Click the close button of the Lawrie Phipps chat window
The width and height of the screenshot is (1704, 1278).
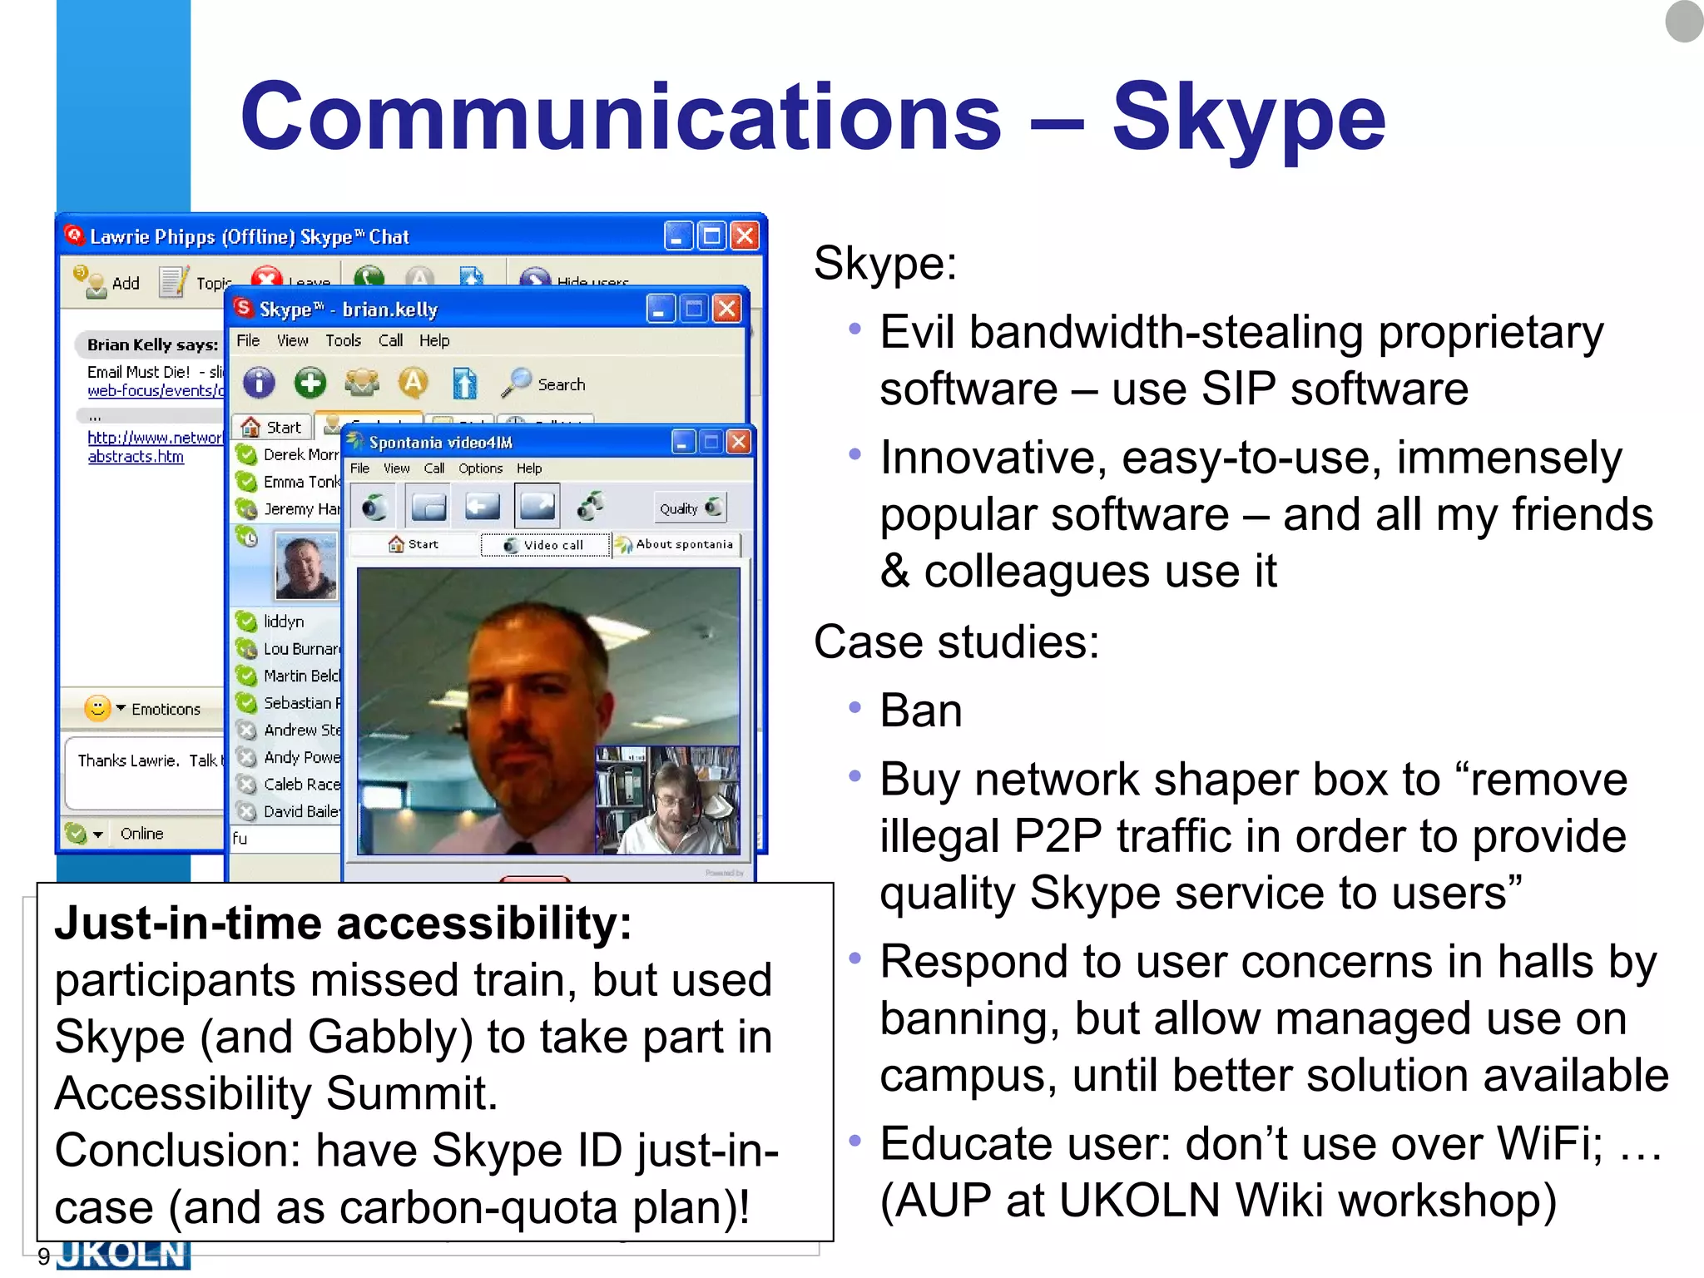pyautogui.click(x=745, y=236)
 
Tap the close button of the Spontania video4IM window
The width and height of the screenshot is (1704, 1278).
pyautogui.click(x=738, y=442)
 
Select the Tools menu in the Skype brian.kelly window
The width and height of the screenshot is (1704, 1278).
pyautogui.click(x=343, y=340)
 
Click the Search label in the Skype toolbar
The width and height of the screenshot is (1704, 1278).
pyautogui.click(x=561, y=384)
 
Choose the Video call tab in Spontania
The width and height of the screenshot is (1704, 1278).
pyautogui.click(x=546, y=545)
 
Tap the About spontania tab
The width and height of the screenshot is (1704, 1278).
pyautogui.click(x=676, y=544)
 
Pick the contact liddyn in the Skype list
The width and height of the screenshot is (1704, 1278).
pyautogui.click(x=283, y=621)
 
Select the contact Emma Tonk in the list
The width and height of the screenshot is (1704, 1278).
pyautogui.click(x=300, y=482)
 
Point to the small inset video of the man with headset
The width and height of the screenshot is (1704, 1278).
pyautogui.click(x=667, y=800)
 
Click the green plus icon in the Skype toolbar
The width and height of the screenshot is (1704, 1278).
pyautogui.click(x=310, y=383)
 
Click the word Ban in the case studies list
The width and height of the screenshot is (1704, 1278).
pyautogui.click(x=920, y=711)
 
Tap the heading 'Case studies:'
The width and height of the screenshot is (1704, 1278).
pyautogui.click(x=956, y=642)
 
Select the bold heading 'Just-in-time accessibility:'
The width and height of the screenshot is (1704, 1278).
pyautogui.click(x=343, y=924)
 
